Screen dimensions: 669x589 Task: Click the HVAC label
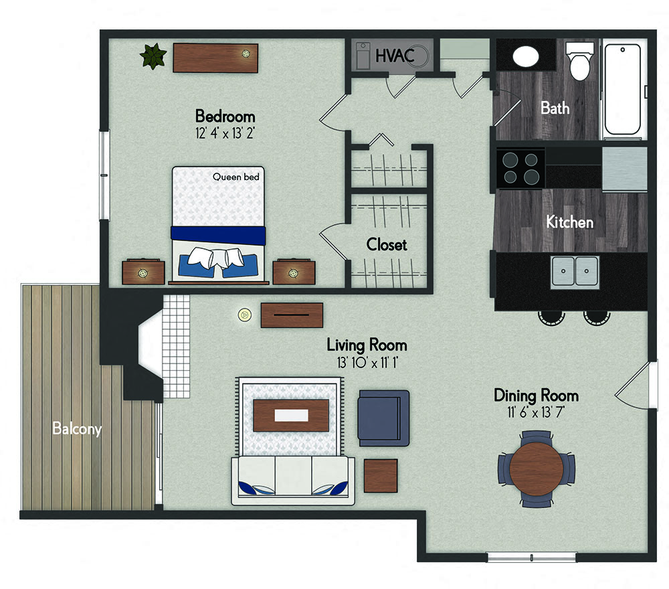tap(395, 56)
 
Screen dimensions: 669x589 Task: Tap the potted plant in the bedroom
tap(153, 56)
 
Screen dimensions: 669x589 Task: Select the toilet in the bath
tap(579, 61)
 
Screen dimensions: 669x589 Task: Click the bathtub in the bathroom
tap(622, 89)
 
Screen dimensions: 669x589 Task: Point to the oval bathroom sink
tap(526, 56)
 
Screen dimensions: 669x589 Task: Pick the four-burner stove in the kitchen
tap(520, 168)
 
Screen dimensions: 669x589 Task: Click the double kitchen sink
tap(575, 271)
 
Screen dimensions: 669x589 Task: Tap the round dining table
tap(537, 469)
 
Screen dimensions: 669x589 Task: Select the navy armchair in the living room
tap(383, 418)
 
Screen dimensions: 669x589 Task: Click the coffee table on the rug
tap(291, 415)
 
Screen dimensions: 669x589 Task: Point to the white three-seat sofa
tap(293, 481)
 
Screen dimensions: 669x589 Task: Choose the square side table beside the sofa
tap(381, 475)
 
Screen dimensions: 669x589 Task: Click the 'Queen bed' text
tap(236, 177)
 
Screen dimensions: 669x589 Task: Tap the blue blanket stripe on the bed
tap(218, 235)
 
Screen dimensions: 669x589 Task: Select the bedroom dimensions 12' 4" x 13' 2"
tap(225, 133)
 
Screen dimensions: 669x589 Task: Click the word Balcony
tap(77, 428)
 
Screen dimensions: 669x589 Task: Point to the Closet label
tap(387, 244)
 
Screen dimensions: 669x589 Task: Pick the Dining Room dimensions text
tap(536, 412)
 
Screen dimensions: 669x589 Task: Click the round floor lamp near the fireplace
tap(244, 315)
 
